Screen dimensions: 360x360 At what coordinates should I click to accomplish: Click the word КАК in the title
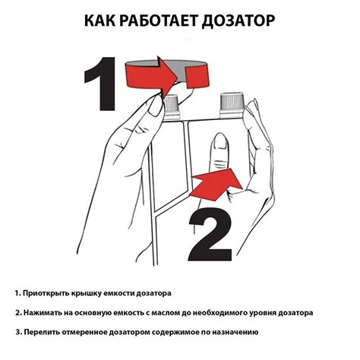coord(105,21)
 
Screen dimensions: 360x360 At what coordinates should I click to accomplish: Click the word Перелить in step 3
coord(43,333)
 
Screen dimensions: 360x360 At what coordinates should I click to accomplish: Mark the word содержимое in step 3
coord(175,333)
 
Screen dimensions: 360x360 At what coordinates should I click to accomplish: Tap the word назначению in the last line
coord(234,333)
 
